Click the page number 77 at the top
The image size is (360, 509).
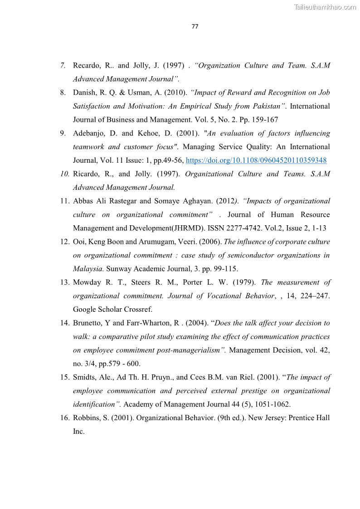pyautogui.click(x=195, y=26)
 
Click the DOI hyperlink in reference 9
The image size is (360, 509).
pyautogui.click(x=256, y=160)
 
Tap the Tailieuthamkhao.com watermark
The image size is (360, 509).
pyautogui.click(x=325, y=7)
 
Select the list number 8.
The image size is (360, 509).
pyautogui.click(x=63, y=92)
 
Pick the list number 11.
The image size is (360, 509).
pyautogui.click(x=64, y=201)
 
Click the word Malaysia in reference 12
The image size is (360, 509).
pyautogui.click(x=88, y=269)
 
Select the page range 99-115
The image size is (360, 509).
pyautogui.click(x=222, y=269)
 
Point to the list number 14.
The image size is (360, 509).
pyautogui.click(x=64, y=323)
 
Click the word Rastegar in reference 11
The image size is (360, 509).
pyautogui.click(x=122, y=201)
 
